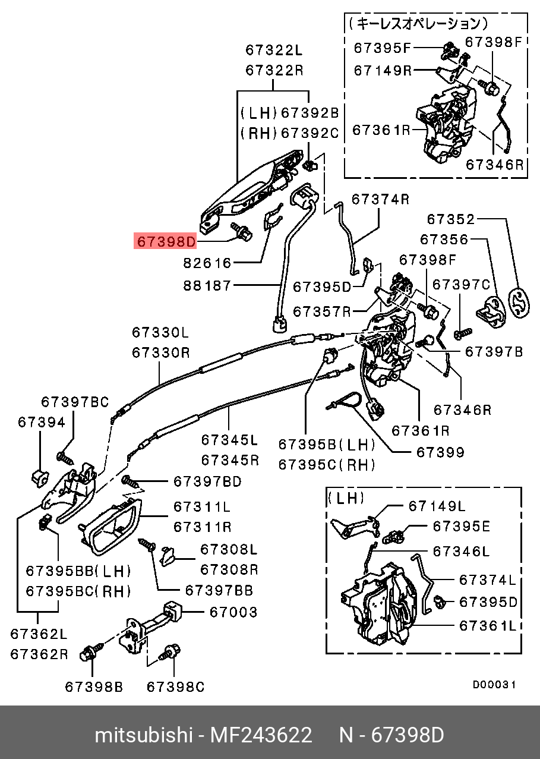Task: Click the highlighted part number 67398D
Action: (166, 242)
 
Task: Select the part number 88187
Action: (207, 286)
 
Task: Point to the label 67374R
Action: (380, 199)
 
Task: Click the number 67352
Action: (451, 219)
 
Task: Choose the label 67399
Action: (440, 452)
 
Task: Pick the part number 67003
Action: (232, 612)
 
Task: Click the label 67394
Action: (41, 422)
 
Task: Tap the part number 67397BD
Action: (207, 481)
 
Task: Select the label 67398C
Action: (175, 687)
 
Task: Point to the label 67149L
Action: (437, 506)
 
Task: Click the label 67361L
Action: (488, 625)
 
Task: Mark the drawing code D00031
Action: (494, 685)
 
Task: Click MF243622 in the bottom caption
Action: (261, 735)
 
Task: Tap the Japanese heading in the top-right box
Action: (419, 24)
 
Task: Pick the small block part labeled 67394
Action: (39, 476)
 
